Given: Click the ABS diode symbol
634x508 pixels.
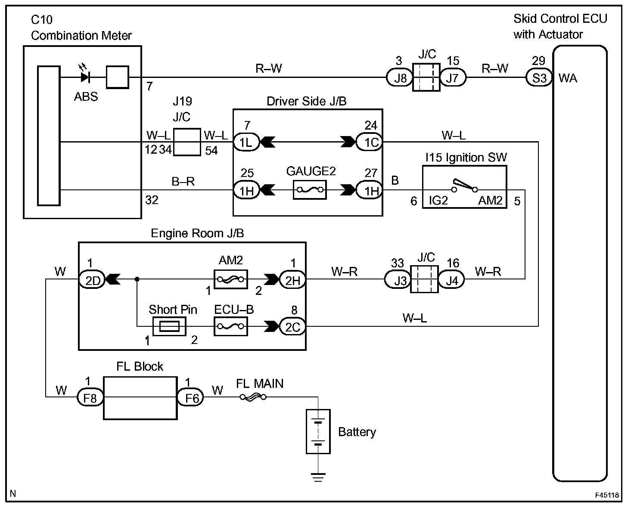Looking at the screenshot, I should click(85, 77).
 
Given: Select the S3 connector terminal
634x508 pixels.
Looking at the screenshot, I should click(539, 78).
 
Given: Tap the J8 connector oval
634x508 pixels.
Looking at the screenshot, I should click(400, 78).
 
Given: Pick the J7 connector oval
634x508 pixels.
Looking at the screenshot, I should click(452, 78).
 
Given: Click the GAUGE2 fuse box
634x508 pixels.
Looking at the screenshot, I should click(310, 189).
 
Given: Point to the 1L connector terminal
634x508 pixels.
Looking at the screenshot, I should click(246, 142).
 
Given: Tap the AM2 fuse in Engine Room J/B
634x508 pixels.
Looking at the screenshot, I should click(230, 279).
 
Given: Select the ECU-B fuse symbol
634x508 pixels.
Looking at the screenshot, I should click(230, 327).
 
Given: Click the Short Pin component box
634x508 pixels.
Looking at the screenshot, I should click(169, 327).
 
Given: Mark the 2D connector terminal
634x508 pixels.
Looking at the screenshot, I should click(92, 280).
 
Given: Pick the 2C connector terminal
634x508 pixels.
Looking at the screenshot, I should click(292, 327).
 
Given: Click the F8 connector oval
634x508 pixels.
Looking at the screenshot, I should click(90, 397).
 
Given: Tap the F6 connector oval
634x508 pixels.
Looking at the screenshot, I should click(191, 397).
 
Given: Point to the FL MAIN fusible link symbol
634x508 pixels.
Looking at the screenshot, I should click(253, 397).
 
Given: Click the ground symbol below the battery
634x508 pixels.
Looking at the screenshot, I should click(318, 476).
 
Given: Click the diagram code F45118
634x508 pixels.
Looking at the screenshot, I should click(607, 495).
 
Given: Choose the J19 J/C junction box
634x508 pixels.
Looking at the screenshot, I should click(187, 142).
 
